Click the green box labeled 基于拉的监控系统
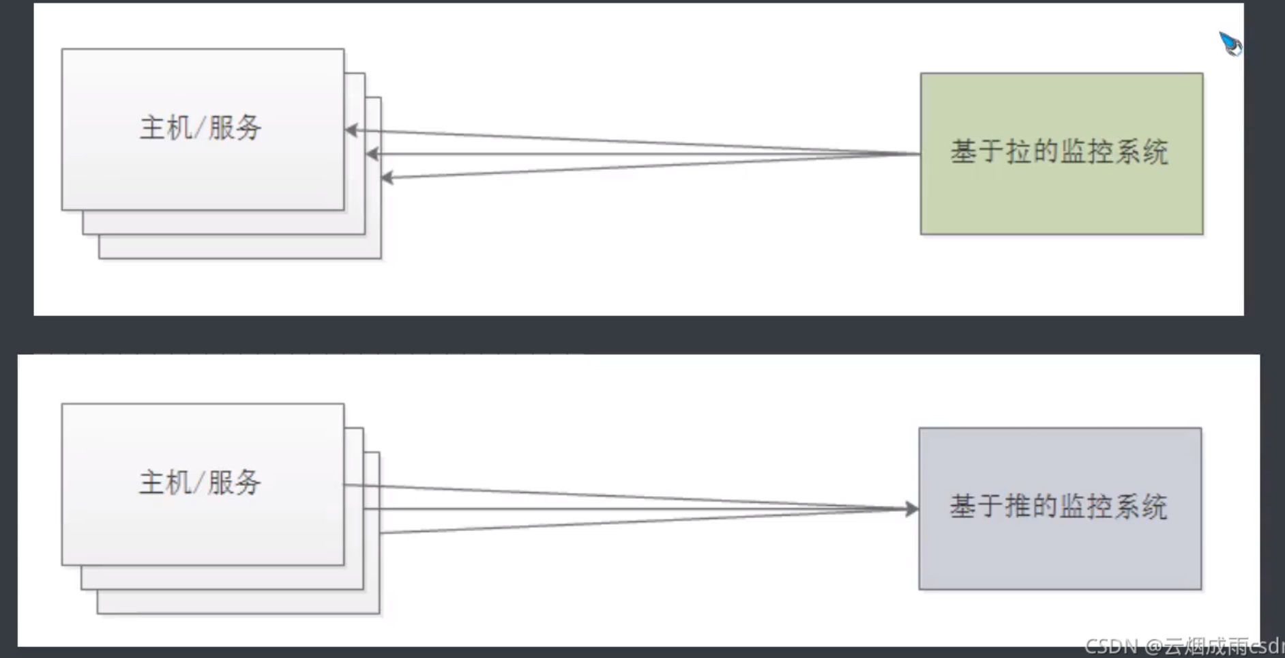[x=1061, y=198]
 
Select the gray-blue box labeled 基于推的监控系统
[x=1060, y=553]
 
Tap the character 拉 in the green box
[x=1018, y=152]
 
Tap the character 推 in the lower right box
[x=1017, y=507]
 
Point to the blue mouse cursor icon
[x=1230, y=44]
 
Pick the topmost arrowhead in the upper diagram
[x=351, y=130]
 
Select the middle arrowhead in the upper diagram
[x=372, y=154]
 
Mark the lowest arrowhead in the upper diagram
[x=387, y=178]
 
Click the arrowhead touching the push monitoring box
[x=911, y=509]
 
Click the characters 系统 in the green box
[x=1142, y=152]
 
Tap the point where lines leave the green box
[x=920, y=154]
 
